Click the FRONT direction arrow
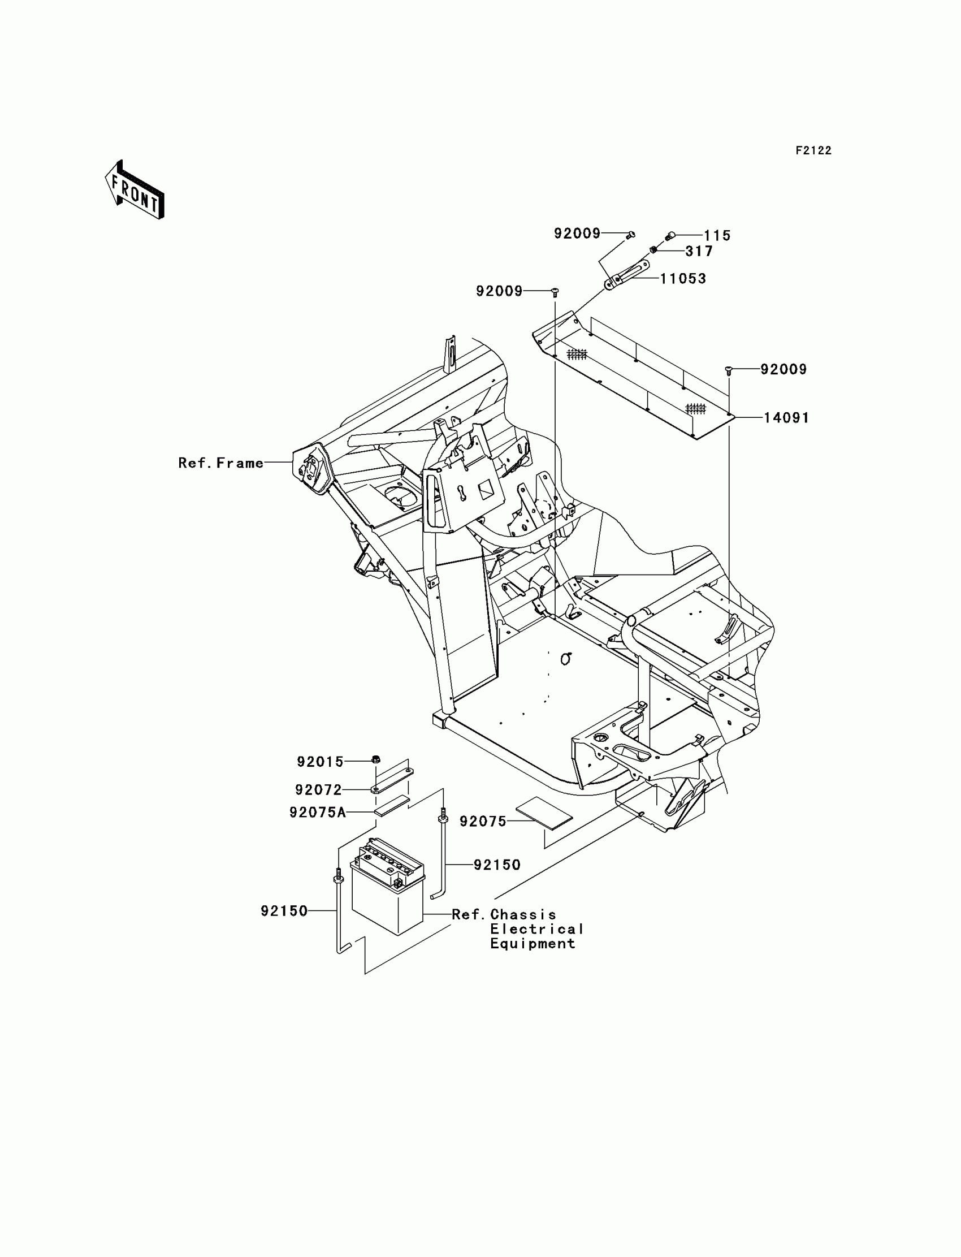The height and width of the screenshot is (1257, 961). coord(135,191)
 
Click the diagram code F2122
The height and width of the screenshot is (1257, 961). coord(813,150)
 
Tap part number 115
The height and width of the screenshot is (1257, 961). coord(717,235)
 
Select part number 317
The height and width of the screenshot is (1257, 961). coord(699,251)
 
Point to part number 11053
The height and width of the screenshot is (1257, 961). coord(683,279)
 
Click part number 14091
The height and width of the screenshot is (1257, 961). coord(786,418)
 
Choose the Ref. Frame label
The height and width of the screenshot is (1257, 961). coord(221,463)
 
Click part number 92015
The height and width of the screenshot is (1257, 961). coord(320,762)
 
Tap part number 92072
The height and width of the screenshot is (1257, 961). coord(318,789)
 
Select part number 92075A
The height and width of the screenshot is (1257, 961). coord(318,813)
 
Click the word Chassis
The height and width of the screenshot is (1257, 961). coord(523,914)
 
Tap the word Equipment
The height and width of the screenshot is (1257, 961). coord(533,944)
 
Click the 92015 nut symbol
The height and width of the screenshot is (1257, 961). coord(376,760)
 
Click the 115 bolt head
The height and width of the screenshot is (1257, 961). coord(671,235)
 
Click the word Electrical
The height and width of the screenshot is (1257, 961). coord(536,929)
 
